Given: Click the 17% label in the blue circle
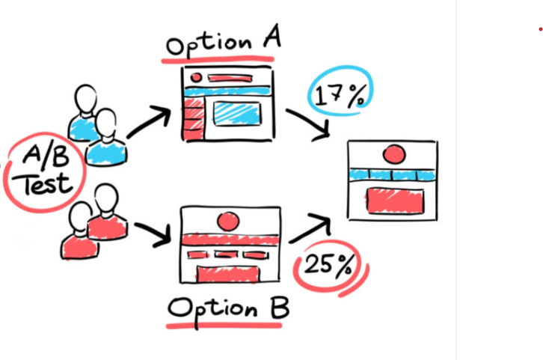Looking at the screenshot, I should (x=340, y=96).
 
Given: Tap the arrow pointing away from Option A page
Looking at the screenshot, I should (x=308, y=123).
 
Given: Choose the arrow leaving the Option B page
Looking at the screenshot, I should (x=310, y=228).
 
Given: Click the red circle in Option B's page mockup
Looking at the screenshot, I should (x=227, y=221).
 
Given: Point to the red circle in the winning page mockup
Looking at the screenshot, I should (x=393, y=155).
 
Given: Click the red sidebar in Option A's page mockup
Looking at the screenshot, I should (x=194, y=120).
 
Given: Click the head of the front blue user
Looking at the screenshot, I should (x=106, y=122).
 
